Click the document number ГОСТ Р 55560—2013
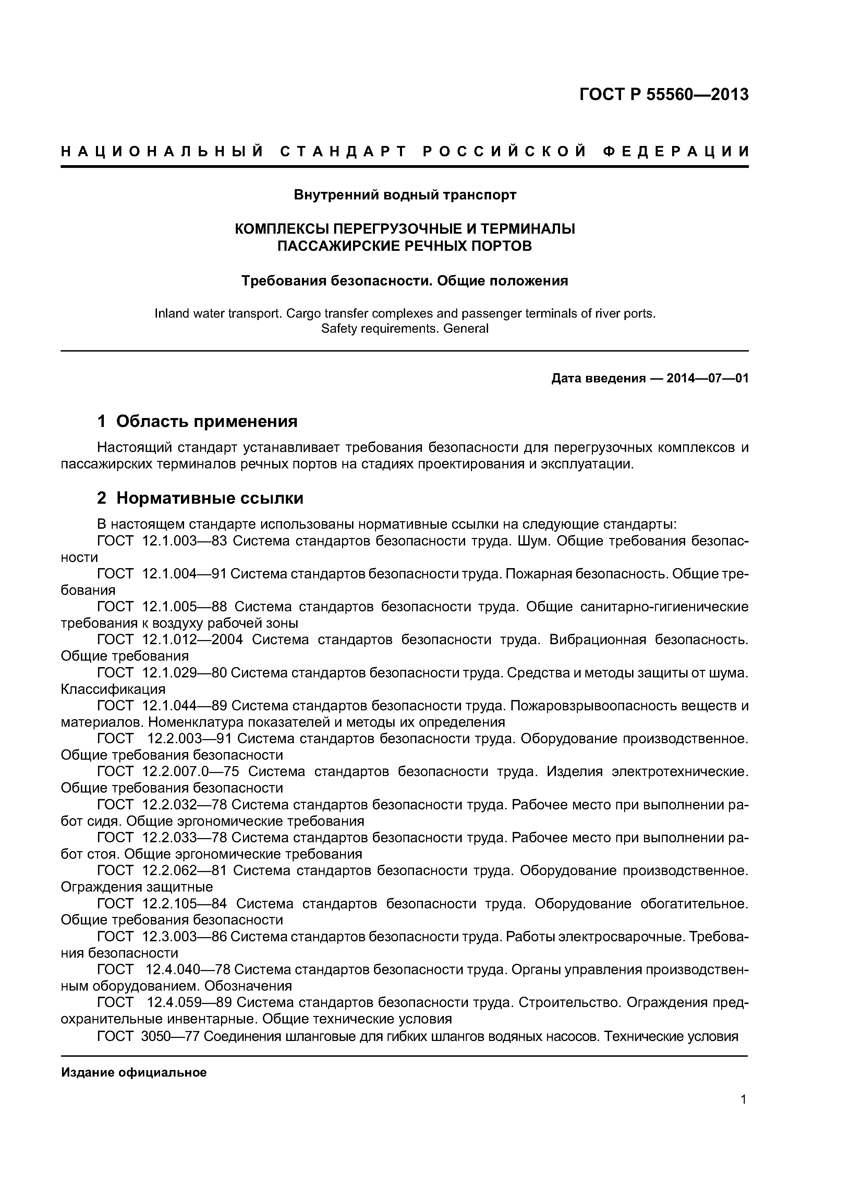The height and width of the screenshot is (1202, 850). coord(664,95)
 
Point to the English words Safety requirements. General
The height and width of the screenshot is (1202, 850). coord(404,329)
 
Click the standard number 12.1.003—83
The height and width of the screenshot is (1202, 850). coord(184,541)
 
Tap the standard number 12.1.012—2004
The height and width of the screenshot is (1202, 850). coord(192,640)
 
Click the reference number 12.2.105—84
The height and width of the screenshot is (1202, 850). coord(184,904)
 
